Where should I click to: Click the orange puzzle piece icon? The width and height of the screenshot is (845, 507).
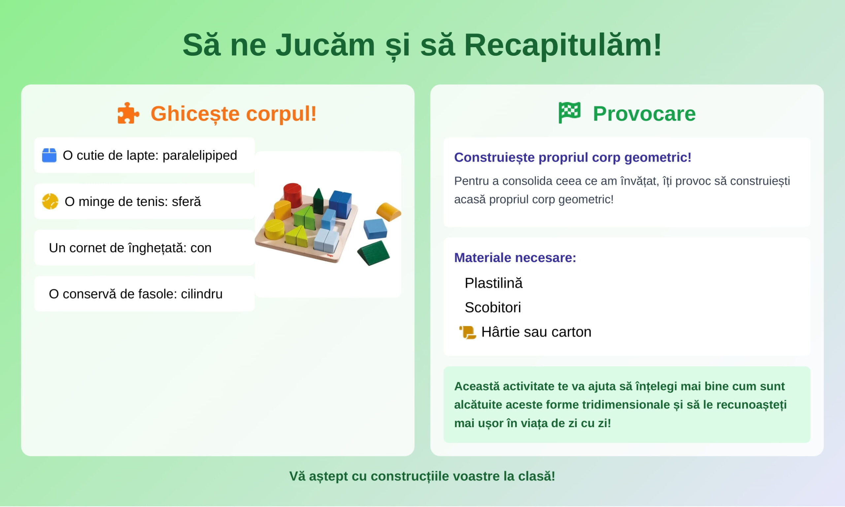click(x=128, y=113)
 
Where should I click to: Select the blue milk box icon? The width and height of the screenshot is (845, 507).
click(x=49, y=155)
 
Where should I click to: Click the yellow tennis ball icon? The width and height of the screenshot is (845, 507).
click(x=50, y=202)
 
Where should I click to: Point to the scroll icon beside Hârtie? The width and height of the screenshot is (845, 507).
click(x=468, y=332)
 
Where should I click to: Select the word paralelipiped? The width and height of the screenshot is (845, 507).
click(x=200, y=155)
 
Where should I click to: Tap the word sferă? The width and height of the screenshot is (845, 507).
click(x=186, y=202)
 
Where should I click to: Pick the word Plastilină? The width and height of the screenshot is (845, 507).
click(x=493, y=283)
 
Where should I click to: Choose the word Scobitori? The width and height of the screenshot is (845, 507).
click(x=493, y=308)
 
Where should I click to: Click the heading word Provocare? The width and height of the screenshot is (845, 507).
click(x=644, y=114)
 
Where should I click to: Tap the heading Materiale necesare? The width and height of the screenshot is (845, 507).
click(x=515, y=257)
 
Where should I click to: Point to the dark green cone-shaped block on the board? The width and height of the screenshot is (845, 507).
click(x=318, y=202)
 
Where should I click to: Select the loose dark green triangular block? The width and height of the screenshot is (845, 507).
click(x=374, y=253)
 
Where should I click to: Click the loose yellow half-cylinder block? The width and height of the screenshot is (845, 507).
click(x=389, y=212)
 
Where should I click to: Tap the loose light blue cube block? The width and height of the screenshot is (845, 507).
click(x=375, y=229)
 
